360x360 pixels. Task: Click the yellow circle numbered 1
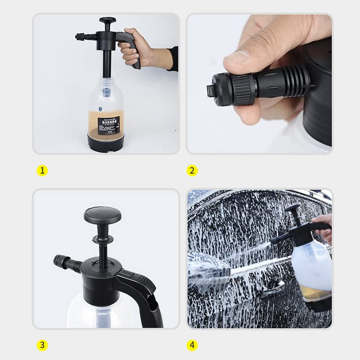(42, 171)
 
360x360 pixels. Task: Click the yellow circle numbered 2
(192, 171)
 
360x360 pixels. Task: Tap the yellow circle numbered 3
(42, 345)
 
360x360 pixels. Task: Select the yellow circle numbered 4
(192, 345)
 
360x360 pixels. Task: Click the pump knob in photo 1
(108, 21)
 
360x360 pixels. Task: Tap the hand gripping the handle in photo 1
(135, 49)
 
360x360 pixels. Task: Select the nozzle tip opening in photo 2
(210, 84)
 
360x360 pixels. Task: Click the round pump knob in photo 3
(102, 215)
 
